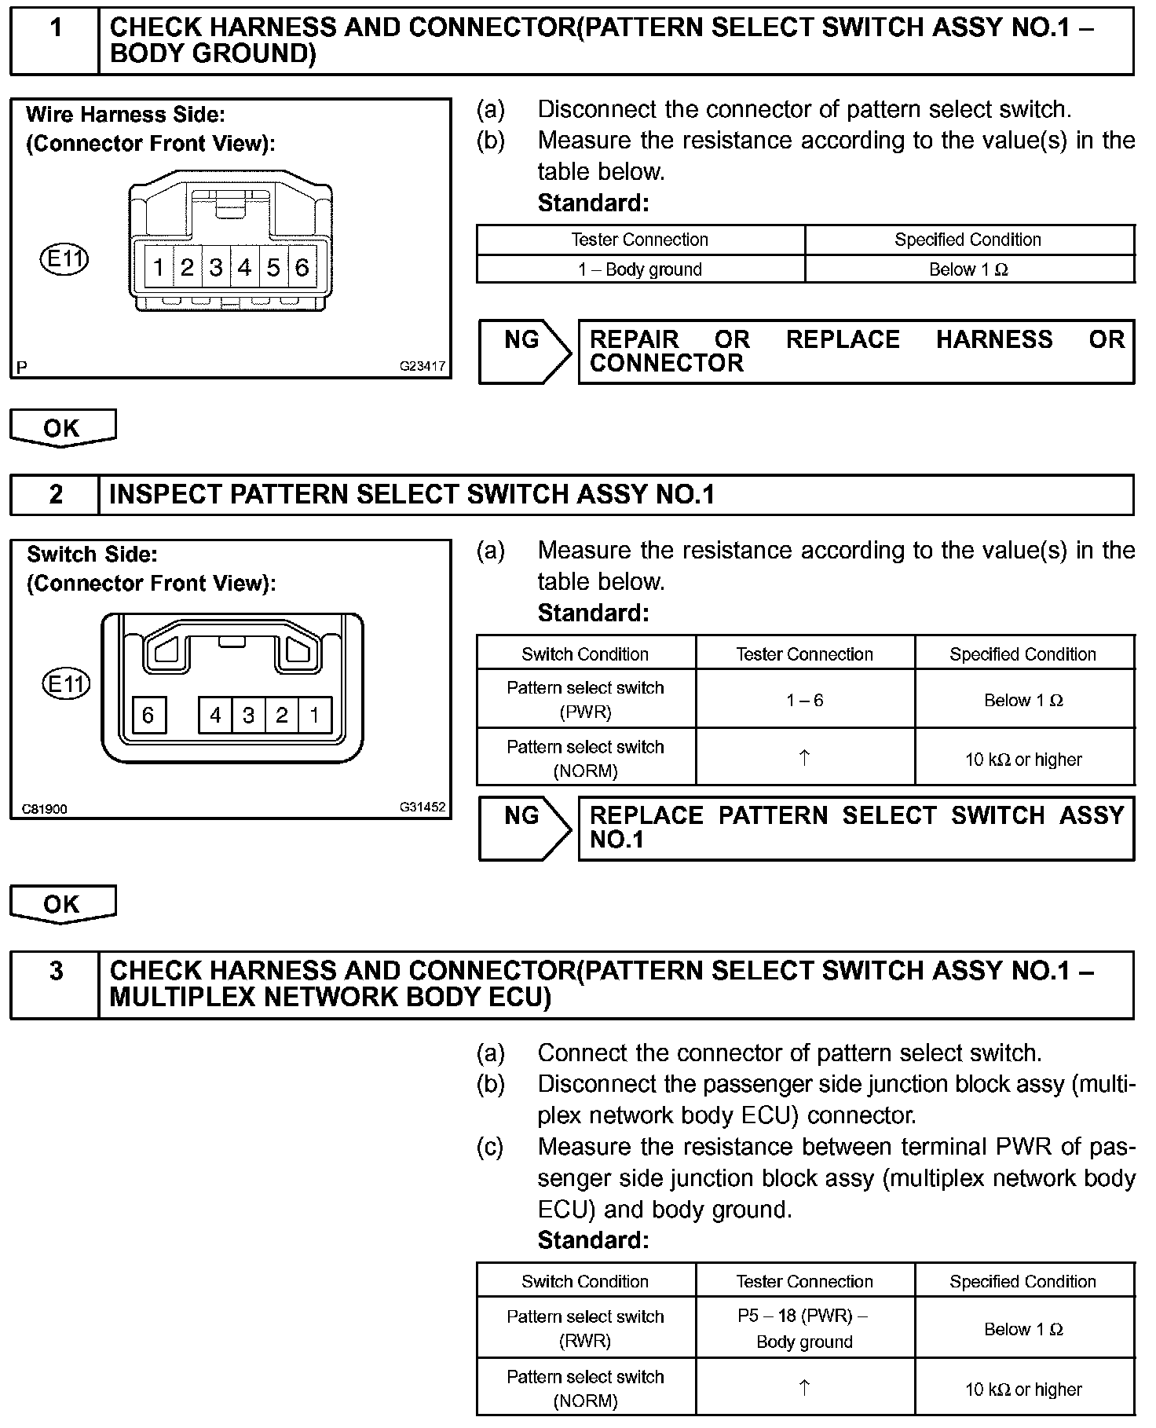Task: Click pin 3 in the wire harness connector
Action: coord(216,268)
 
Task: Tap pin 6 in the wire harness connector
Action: coord(302,268)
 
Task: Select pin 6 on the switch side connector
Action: coord(148,715)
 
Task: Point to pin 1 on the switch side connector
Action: coord(315,715)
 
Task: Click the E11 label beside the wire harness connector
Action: coord(64,259)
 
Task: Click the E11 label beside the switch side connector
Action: coord(65,684)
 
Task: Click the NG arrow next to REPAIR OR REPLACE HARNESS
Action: coord(525,351)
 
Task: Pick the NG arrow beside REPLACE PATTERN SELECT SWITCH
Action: coord(525,828)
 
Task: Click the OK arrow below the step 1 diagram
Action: coord(62,428)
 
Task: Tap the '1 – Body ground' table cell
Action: coord(640,269)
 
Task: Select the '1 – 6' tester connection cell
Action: coord(805,700)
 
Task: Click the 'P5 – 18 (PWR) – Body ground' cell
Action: coord(805,1329)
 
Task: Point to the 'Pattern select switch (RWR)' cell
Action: coord(585,1329)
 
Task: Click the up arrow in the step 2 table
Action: coord(804,758)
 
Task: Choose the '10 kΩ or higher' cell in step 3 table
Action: coord(1023,1390)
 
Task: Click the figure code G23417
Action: coord(422,366)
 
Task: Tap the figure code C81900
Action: coord(45,808)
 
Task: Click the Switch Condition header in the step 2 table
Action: coord(585,654)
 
